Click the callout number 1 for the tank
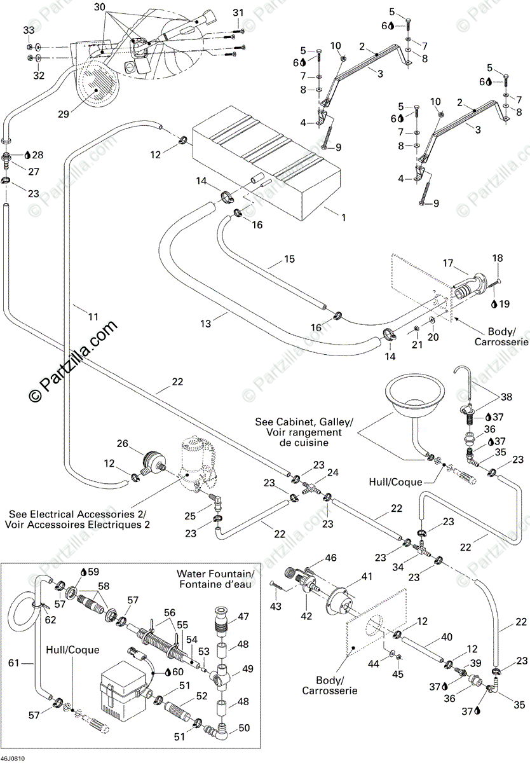(x=343, y=217)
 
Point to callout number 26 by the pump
(x=122, y=443)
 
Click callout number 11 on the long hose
(x=93, y=316)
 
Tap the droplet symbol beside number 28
(x=27, y=155)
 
